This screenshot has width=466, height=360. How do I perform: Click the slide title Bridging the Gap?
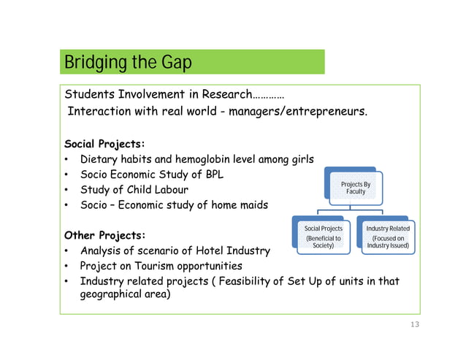(128, 62)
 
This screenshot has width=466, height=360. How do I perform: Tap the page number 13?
(415, 325)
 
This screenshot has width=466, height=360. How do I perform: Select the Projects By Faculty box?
(356, 188)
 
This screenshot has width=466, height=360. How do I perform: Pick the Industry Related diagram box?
(388, 237)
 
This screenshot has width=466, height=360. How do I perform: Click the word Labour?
(169, 191)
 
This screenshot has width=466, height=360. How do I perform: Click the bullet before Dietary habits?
(67, 159)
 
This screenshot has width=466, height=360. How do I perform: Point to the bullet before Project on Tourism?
(67, 267)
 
